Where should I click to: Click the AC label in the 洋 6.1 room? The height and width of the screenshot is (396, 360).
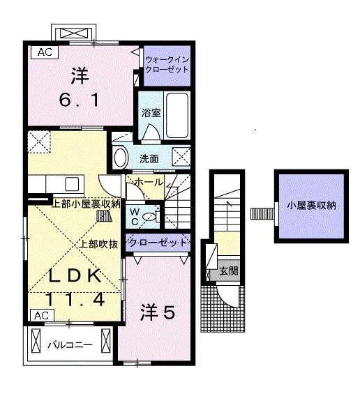click(44, 51)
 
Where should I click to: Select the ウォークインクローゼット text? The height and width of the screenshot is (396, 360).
click(166, 64)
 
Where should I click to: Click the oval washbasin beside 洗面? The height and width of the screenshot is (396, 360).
click(120, 157)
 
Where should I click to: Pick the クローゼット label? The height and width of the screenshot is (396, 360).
click(158, 243)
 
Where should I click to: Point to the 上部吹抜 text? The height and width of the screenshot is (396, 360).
click(99, 244)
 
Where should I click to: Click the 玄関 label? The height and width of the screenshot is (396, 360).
click(227, 271)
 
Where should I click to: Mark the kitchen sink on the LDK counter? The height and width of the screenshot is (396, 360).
click(72, 184)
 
